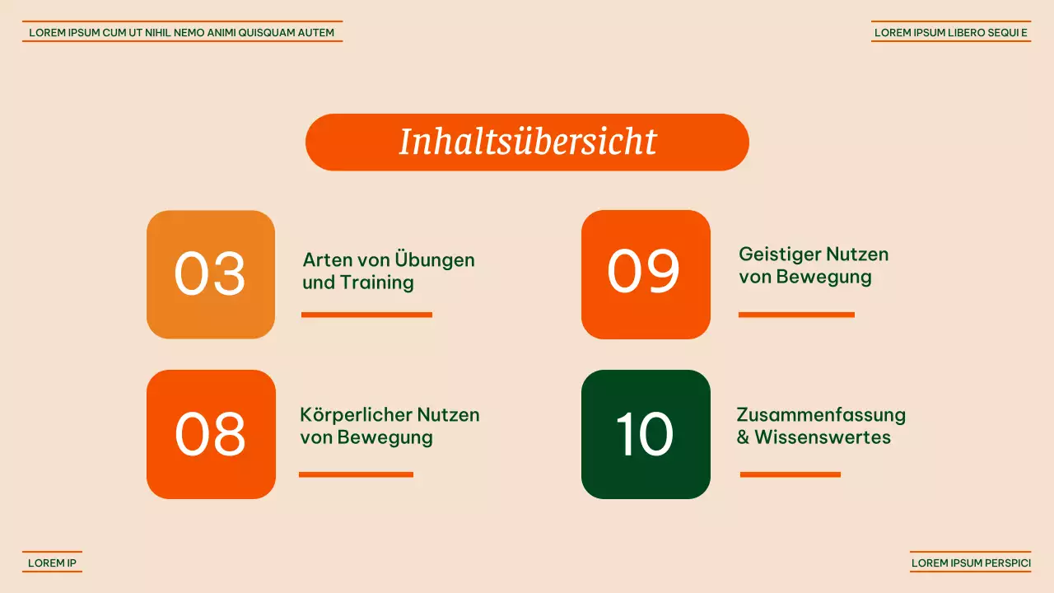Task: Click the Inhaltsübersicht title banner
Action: point(527,142)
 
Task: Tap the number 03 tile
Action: point(211,274)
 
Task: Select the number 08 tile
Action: point(211,434)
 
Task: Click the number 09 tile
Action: point(646,274)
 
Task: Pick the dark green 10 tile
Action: point(646,434)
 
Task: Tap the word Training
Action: point(376,283)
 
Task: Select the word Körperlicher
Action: point(356,414)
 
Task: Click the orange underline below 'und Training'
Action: point(366,315)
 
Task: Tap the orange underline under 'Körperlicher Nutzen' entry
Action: point(356,474)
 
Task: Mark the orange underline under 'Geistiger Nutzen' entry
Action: point(796,315)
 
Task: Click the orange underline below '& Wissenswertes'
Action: point(790,474)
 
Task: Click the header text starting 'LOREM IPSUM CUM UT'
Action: point(182,33)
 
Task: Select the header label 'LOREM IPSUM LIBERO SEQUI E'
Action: point(951,33)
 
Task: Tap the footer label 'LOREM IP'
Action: point(52,563)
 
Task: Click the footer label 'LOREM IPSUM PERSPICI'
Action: point(971,563)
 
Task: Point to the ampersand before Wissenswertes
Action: point(743,437)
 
